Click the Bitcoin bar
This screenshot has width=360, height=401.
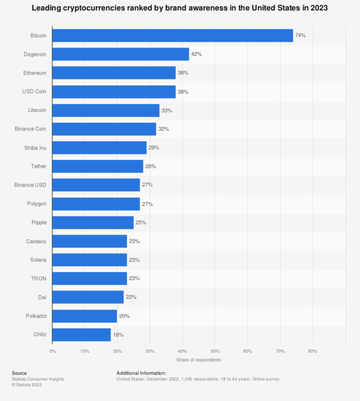172,36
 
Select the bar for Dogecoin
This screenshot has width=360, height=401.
120,54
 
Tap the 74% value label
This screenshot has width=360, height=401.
300,36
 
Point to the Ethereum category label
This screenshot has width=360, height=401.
35,73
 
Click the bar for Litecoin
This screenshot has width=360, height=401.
106,111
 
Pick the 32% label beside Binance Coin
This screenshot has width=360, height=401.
163,129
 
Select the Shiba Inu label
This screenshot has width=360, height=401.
36,148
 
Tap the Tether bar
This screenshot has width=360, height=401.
98,166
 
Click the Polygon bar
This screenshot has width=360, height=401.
96,204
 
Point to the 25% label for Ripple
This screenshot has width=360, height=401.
141,222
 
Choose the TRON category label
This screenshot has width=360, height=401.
39,278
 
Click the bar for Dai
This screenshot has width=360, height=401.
88,297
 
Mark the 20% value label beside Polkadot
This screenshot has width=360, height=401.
125,316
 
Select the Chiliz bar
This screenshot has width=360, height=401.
82,335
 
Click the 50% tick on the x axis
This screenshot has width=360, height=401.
215,351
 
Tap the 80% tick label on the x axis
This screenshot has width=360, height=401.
313,351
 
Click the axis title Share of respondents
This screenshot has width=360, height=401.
199,360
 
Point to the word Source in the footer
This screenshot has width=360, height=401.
19,373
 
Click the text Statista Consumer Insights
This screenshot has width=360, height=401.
38,379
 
